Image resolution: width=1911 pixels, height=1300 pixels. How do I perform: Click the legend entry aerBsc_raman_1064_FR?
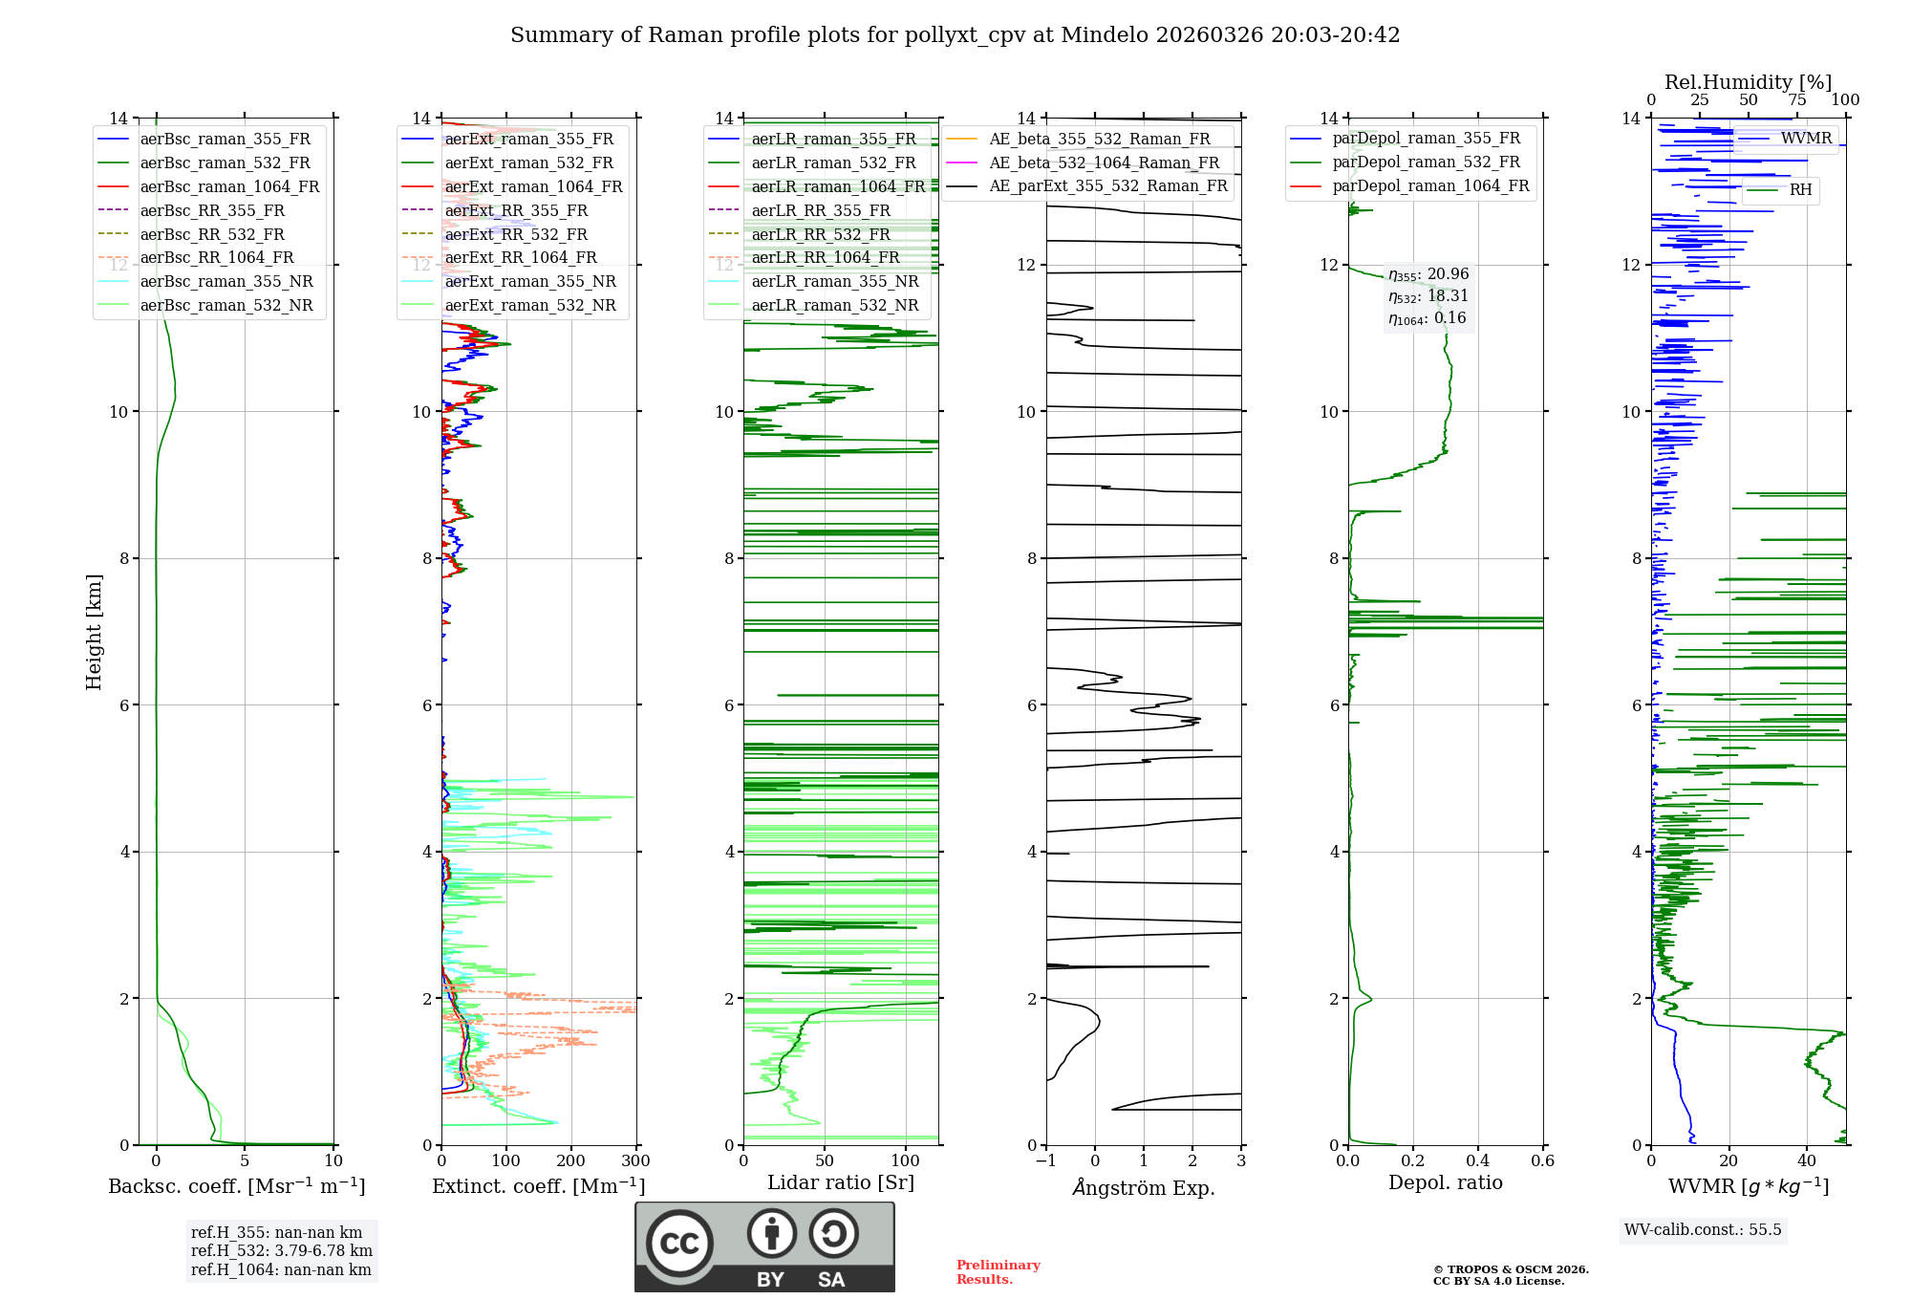click(229, 186)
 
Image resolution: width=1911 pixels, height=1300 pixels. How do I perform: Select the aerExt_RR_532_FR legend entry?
click(516, 234)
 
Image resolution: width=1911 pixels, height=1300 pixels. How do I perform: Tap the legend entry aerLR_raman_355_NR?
click(834, 281)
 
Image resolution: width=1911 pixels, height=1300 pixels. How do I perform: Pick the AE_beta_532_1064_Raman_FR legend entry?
click(1104, 162)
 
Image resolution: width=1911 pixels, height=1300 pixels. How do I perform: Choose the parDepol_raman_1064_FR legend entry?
click(1430, 185)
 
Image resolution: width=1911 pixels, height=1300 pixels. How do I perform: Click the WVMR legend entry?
click(1806, 139)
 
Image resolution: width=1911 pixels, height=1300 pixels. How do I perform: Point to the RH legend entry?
click(1800, 190)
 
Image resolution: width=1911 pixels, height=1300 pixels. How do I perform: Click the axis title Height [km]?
click(94, 631)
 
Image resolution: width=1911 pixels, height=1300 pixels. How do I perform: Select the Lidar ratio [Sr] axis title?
click(841, 1182)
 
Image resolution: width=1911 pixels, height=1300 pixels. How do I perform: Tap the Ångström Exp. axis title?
click(1144, 1187)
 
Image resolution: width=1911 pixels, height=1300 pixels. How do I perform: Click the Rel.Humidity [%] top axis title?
click(1748, 82)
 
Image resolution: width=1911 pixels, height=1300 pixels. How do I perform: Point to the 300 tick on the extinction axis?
click(635, 1160)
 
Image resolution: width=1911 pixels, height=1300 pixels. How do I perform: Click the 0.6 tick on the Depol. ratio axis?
click(1542, 1160)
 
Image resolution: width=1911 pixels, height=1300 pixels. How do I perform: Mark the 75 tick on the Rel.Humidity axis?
click(1797, 100)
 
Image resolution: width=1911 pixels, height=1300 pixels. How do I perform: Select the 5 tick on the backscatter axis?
click(245, 1160)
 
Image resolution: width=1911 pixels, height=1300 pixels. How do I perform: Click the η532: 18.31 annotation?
click(1428, 296)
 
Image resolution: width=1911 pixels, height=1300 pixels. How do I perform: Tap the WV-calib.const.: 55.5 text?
click(1703, 1229)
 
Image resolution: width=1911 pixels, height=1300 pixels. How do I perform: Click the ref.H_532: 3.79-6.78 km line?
click(282, 1250)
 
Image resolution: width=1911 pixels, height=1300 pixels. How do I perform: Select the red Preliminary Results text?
click(998, 1271)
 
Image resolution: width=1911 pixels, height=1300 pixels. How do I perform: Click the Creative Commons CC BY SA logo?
click(764, 1246)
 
